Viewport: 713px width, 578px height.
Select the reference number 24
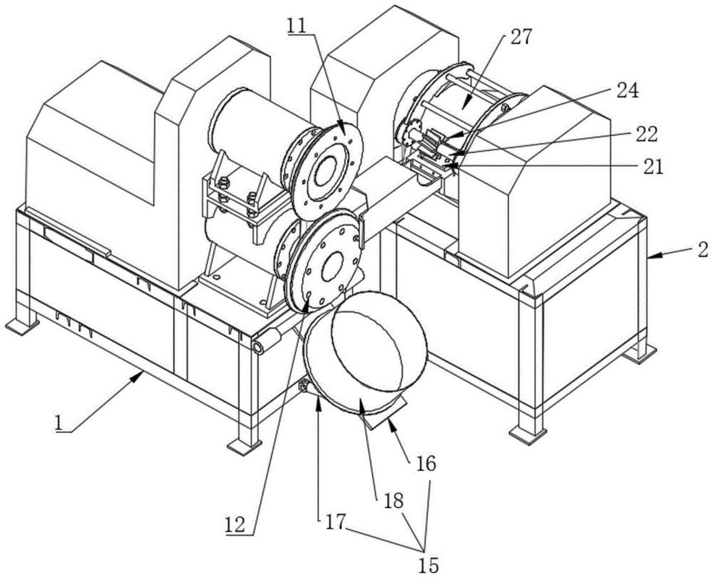628,90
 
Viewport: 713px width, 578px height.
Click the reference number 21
652,167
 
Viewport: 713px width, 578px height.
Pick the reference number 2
703,249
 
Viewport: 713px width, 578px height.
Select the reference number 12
235,525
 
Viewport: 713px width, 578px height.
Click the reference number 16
425,464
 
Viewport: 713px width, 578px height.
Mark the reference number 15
428,565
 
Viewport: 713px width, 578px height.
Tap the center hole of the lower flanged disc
333,266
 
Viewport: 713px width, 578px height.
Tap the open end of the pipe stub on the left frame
258,348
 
